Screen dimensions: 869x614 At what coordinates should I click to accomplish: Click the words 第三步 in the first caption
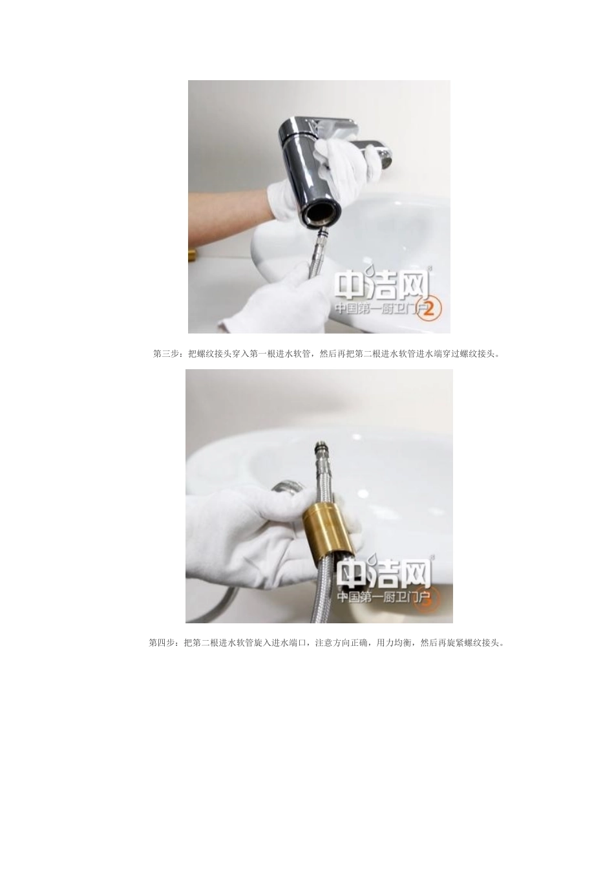165,354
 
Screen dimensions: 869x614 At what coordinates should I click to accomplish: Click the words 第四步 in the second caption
162,643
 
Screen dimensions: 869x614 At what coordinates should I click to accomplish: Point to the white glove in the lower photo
246,543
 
